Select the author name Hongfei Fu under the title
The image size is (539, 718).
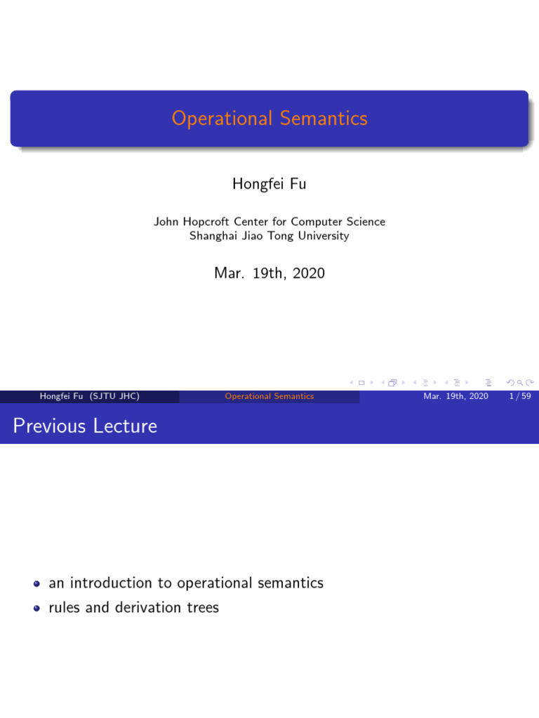click(269, 184)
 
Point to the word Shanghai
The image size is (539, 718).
click(213, 236)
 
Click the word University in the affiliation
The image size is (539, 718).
click(323, 236)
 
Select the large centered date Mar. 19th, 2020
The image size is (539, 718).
click(269, 273)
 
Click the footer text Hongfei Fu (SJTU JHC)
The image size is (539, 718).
click(89, 396)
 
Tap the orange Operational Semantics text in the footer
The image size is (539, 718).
click(269, 396)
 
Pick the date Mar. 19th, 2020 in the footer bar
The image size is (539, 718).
click(455, 396)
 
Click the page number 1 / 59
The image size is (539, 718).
click(519, 396)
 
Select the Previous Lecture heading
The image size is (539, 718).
click(84, 426)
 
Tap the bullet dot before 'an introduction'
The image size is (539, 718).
click(36, 583)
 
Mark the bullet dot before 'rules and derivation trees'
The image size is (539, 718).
click(36, 608)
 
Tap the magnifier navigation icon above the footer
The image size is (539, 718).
click(510, 382)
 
